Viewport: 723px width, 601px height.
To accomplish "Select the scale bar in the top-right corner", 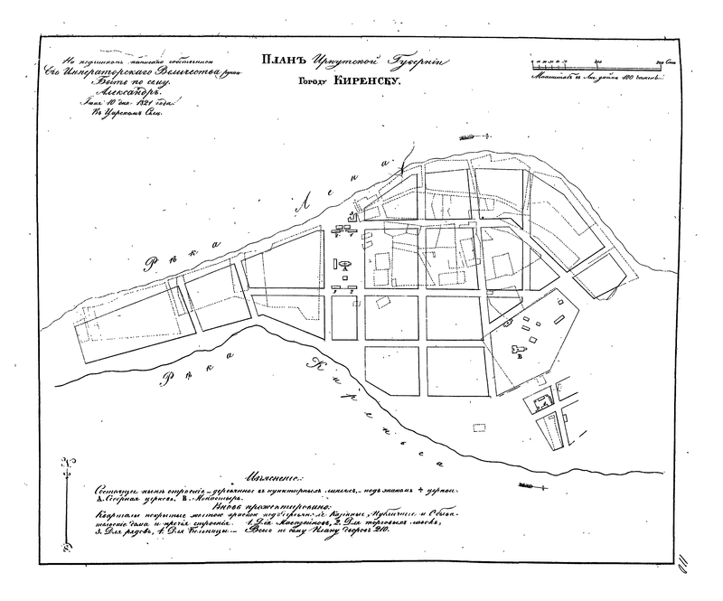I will click(x=597, y=64).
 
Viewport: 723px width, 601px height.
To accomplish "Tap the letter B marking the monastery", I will click(x=519, y=359).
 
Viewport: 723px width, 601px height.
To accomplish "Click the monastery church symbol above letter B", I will click(x=518, y=347).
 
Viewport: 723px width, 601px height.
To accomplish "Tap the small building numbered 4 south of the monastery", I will click(x=543, y=401).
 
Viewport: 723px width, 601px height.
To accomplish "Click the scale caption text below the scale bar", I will click(x=597, y=79).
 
